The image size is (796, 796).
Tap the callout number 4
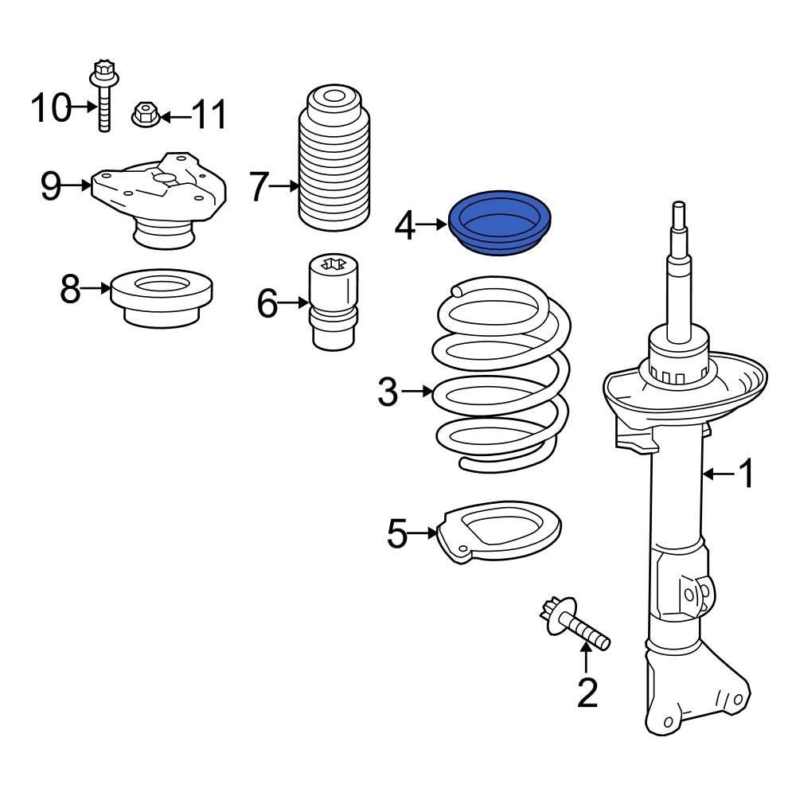click(x=405, y=227)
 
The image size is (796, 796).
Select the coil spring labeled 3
click(x=501, y=382)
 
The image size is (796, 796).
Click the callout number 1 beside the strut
click(x=746, y=475)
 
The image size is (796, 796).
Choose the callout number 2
click(x=587, y=693)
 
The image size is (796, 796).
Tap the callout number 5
click(x=397, y=534)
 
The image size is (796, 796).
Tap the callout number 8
click(x=71, y=289)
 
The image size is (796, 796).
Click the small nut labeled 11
click(x=144, y=115)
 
